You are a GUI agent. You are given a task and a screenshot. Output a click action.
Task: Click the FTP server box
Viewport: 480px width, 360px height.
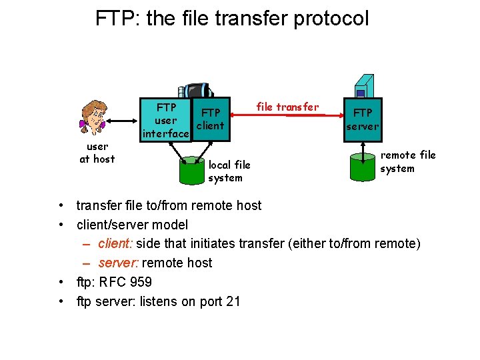click(x=363, y=119)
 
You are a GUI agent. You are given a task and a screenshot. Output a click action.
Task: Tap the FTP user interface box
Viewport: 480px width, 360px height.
click(x=165, y=121)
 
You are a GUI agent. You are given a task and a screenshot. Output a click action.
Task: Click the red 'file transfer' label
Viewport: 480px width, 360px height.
click(x=287, y=107)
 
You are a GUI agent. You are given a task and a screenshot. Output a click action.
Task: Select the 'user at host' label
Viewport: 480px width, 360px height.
click(x=97, y=153)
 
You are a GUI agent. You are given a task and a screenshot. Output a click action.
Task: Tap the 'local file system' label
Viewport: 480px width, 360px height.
click(x=229, y=171)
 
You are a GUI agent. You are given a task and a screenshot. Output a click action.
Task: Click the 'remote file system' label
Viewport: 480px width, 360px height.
click(x=407, y=161)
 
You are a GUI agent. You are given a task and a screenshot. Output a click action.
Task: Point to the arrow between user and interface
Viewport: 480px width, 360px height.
click(x=124, y=121)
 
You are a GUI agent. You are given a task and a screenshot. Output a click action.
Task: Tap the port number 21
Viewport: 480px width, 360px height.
click(x=233, y=301)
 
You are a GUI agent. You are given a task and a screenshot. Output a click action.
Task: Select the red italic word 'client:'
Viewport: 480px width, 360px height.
click(x=115, y=243)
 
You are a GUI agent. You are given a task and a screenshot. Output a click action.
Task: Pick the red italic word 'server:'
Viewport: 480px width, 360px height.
click(x=118, y=263)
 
